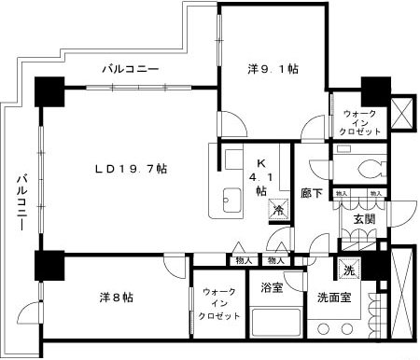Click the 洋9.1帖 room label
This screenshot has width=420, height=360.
273,68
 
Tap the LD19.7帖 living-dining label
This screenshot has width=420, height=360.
130,169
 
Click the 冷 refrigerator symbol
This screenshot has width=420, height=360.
278,211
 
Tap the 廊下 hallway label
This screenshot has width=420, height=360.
312,194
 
